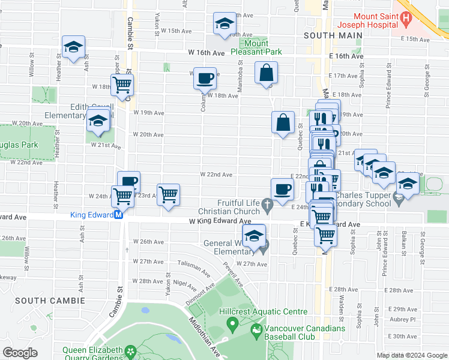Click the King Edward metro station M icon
point(119,214)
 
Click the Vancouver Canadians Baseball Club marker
point(257,329)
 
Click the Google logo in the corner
point(20,353)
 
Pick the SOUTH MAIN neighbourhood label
point(333,35)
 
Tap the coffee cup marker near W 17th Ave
point(205,77)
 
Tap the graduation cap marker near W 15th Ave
point(224,24)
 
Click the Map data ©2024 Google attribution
point(411,355)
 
